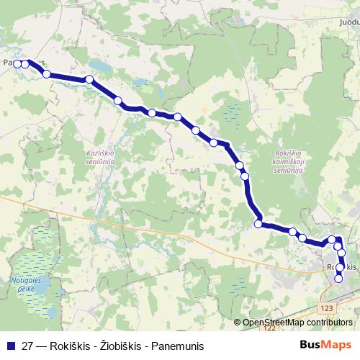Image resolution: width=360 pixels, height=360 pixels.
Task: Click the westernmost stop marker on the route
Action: click(17, 63)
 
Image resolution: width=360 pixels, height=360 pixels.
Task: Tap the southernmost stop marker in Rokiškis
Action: click(339, 279)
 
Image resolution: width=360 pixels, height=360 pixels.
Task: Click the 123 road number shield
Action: click(328, 307)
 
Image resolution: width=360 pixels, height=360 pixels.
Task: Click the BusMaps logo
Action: click(325, 345)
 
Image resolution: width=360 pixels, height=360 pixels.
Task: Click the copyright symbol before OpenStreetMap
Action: click(238, 322)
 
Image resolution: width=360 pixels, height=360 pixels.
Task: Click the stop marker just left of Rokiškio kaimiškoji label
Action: click(245, 175)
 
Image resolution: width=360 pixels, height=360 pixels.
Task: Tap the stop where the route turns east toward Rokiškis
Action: click(258, 223)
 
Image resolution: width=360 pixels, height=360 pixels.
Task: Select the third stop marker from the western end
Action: click(47, 73)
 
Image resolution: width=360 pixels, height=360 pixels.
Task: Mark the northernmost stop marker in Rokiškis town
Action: click(332, 240)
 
